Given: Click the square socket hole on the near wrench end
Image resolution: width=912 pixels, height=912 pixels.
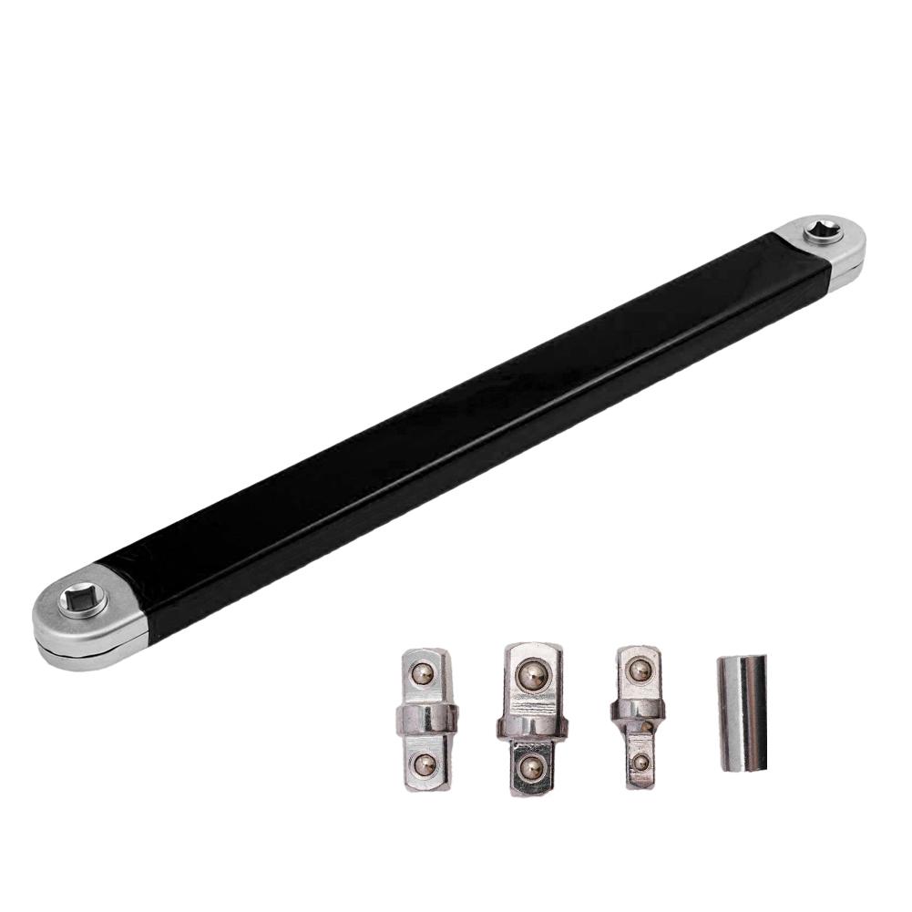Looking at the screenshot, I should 83,600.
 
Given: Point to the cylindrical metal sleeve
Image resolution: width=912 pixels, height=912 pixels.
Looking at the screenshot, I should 742,712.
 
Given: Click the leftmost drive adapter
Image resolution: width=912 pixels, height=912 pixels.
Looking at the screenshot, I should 426,720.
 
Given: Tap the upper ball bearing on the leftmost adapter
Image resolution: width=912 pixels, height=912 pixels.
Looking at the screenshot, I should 421,674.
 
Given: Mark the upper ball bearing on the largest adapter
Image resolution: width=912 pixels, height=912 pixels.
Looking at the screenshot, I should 531,676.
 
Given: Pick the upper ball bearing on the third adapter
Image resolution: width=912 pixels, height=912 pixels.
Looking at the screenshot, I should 640,671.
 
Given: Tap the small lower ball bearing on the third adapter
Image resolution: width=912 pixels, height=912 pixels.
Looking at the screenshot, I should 640,762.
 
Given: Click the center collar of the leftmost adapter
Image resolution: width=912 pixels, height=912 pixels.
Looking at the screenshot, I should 426,720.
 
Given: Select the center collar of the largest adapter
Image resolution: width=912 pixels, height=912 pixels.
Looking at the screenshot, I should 532,725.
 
